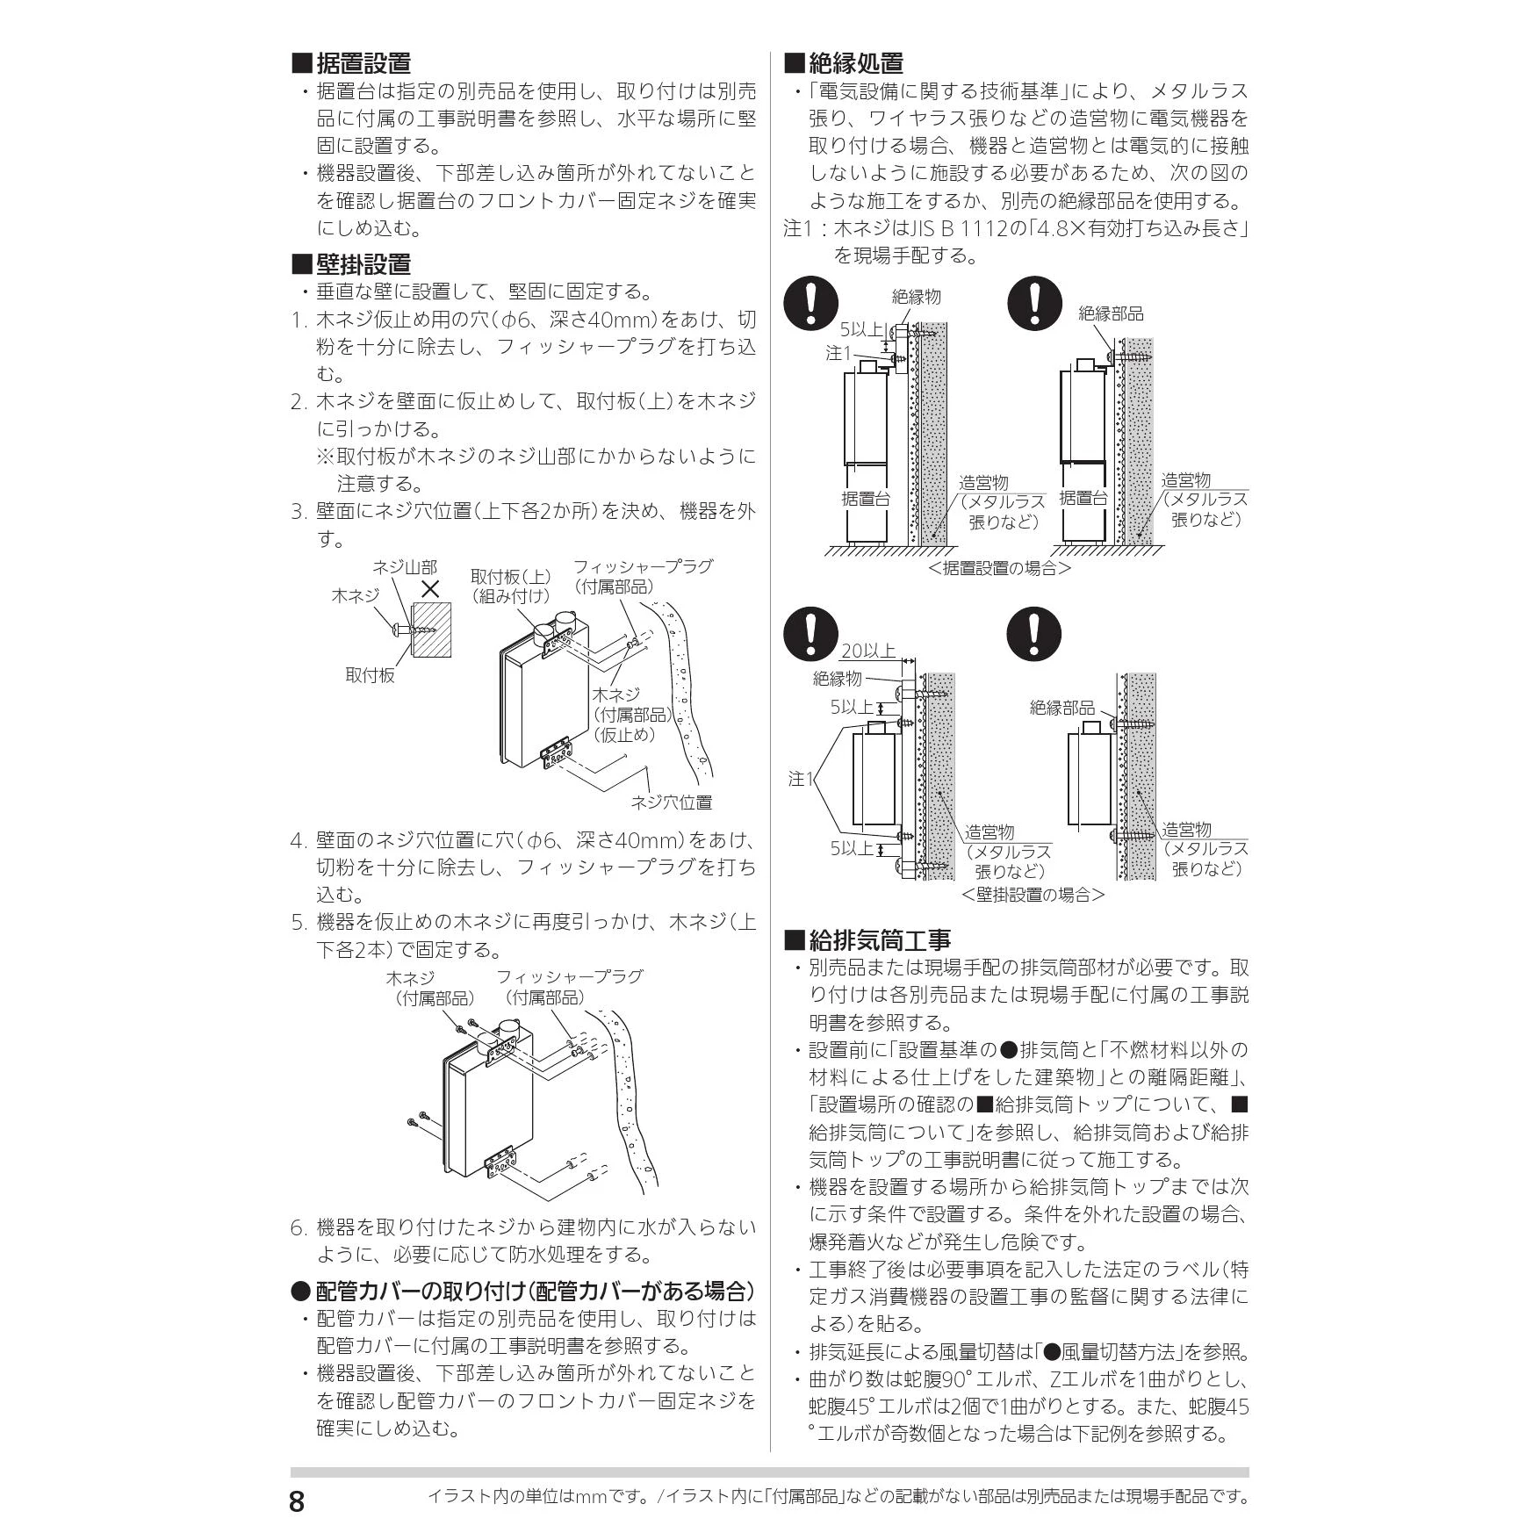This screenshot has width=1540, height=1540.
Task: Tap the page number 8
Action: tap(297, 1501)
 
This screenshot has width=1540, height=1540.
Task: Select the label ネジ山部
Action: tap(405, 568)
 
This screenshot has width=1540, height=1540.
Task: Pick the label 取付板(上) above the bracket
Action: tap(511, 577)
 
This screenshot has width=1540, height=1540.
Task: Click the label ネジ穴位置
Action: tap(672, 802)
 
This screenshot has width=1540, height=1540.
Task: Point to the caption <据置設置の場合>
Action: tap(999, 568)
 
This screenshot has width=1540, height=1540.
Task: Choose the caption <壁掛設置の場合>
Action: tap(1033, 895)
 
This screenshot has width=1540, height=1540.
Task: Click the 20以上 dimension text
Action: tap(868, 651)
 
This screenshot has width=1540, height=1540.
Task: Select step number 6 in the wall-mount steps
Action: tap(297, 1227)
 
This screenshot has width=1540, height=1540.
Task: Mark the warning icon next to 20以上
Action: tap(811, 635)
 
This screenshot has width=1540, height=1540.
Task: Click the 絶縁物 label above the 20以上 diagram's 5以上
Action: tap(838, 679)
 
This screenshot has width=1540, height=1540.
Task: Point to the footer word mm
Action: tap(594, 1496)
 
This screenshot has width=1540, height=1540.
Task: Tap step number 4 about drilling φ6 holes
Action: tap(297, 840)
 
